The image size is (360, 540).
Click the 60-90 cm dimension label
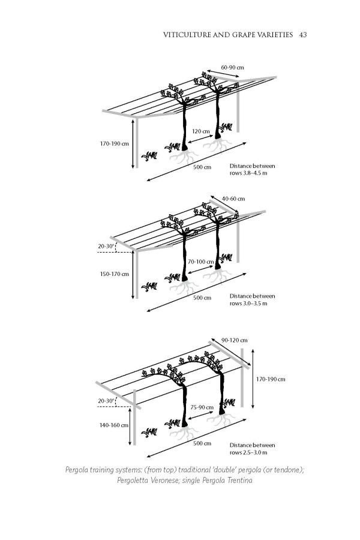232,67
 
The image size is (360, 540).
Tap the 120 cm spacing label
201,131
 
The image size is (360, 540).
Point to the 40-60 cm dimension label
233,199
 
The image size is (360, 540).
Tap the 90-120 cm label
235,340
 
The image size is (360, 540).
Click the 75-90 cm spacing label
202,407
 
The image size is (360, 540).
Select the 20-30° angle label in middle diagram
107,246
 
